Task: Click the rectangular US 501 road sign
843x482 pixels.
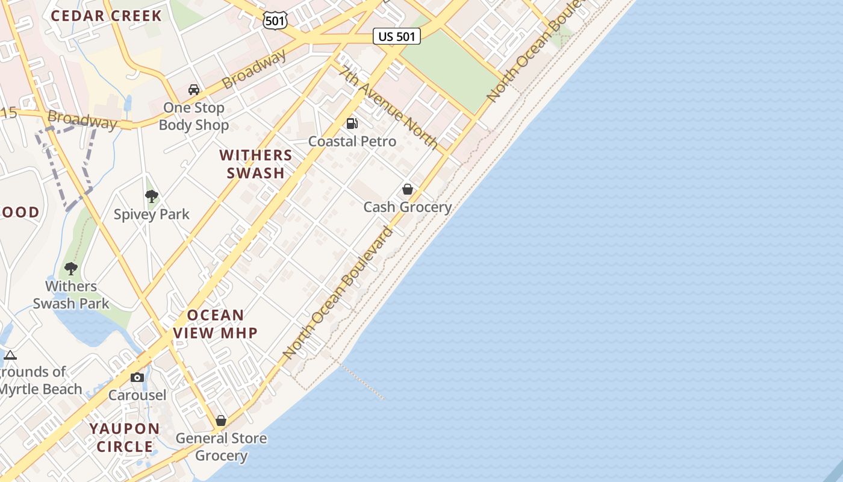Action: pyautogui.click(x=396, y=36)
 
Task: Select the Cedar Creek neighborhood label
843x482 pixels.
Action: pyautogui.click(x=106, y=16)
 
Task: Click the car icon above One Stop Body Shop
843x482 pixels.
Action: pyautogui.click(x=194, y=90)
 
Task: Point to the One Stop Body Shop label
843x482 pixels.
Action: pyautogui.click(x=194, y=116)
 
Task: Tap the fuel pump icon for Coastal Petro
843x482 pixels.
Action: pyautogui.click(x=352, y=124)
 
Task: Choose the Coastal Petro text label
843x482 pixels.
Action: pyautogui.click(x=352, y=142)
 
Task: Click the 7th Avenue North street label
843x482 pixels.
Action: pyautogui.click(x=388, y=107)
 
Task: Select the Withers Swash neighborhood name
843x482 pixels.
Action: pyautogui.click(x=256, y=164)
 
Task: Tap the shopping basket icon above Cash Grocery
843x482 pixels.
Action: pyautogui.click(x=408, y=189)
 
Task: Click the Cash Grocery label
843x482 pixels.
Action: pyautogui.click(x=408, y=207)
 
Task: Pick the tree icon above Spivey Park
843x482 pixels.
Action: pyautogui.click(x=151, y=196)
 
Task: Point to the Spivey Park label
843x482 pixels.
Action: pyautogui.click(x=152, y=214)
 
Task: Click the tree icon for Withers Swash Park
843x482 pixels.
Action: pyautogui.click(x=71, y=268)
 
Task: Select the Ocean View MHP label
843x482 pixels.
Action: pyautogui.click(x=216, y=324)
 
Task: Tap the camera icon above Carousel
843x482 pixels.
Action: pyautogui.click(x=137, y=377)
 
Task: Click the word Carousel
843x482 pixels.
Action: pyautogui.click(x=137, y=395)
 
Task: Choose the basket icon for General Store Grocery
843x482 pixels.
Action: pyautogui.click(x=221, y=421)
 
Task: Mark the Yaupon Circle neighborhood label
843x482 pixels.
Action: pyautogui.click(x=125, y=438)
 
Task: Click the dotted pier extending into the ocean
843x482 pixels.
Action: pyautogui.click(x=361, y=380)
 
